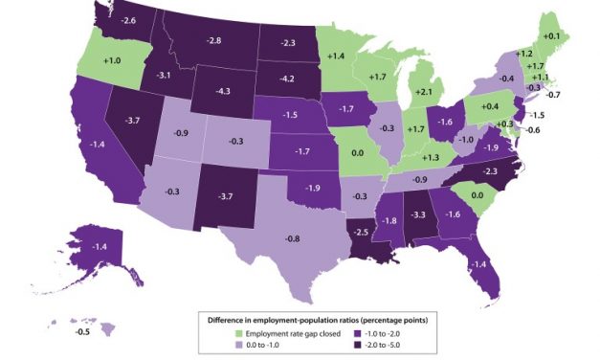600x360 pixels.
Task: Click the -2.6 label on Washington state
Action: click(127, 20)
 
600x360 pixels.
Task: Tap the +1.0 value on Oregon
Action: click(113, 60)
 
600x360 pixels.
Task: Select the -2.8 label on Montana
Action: click(213, 40)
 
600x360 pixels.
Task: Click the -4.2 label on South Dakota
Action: click(285, 79)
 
